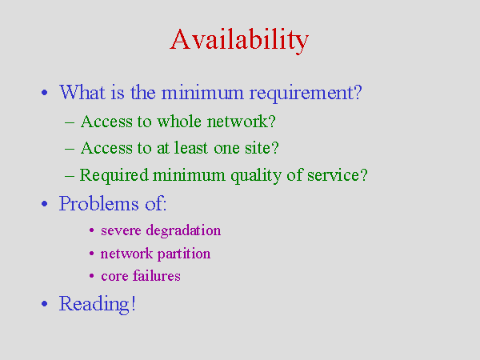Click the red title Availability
point(239,40)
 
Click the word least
point(191,148)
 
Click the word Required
point(114,176)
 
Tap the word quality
point(256,176)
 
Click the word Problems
point(98,203)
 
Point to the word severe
point(121,231)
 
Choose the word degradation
point(183,230)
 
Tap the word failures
point(157,275)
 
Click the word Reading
point(94,304)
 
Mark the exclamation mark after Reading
point(133,303)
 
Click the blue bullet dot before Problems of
point(44,203)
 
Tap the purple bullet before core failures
point(91,276)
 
